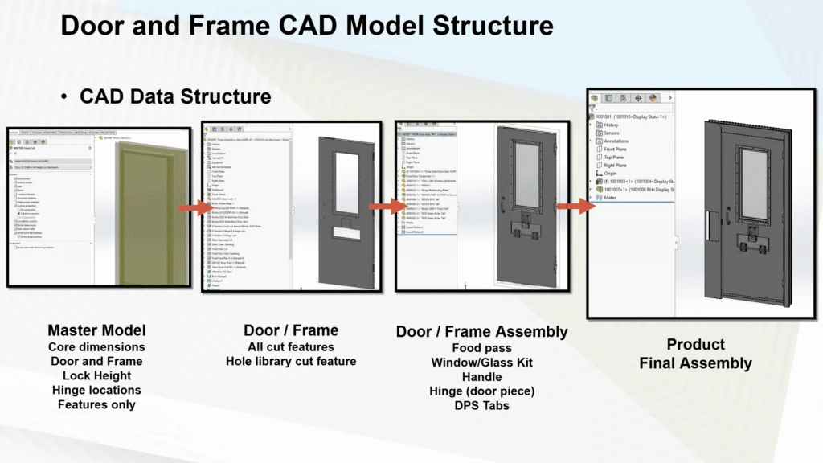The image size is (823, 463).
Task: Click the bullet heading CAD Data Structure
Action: [174, 96]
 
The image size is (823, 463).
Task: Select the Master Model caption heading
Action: [96, 330]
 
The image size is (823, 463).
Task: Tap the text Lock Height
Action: [96, 375]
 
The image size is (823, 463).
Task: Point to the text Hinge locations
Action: [96, 390]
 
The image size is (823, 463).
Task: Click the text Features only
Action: [96, 404]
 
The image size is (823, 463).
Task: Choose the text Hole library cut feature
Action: [290, 361]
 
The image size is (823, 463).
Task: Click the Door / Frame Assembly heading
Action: [481, 331]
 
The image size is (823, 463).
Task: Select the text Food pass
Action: [481, 348]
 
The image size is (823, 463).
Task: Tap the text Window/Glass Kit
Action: [481, 363]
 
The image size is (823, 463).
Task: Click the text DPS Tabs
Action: [481, 405]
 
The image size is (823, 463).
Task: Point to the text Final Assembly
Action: [695, 363]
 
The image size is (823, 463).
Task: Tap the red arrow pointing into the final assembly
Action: [575, 207]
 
